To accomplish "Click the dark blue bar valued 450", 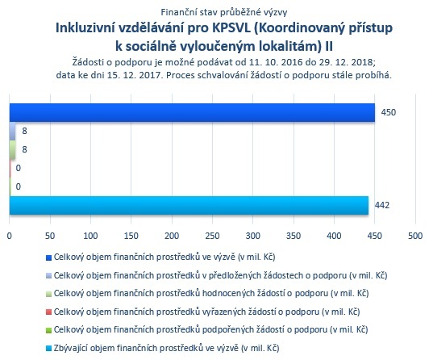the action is click(x=192, y=112).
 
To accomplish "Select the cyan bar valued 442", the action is click(x=189, y=206).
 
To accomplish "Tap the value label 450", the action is click(x=389, y=112).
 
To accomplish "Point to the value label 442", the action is click(x=382, y=205).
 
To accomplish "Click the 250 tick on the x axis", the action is click(x=212, y=236).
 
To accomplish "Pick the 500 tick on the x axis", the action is click(x=415, y=236).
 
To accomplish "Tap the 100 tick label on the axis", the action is click(x=90, y=236).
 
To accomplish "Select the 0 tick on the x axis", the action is click(x=10, y=236).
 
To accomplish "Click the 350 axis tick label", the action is click(x=294, y=236).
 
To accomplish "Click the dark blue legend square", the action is click(x=48, y=258).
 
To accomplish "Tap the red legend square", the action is click(x=48, y=312).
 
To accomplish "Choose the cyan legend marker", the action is click(x=48, y=348).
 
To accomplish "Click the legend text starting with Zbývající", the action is click(x=167, y=348).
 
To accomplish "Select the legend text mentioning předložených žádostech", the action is click(x=221, y=275).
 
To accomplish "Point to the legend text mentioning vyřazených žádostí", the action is click(x=207, y=312).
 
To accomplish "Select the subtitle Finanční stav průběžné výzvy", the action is click(x=224, y=12).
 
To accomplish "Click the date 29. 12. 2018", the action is click(x=346, y=62).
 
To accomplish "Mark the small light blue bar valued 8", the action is click(x=12, y=131).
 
